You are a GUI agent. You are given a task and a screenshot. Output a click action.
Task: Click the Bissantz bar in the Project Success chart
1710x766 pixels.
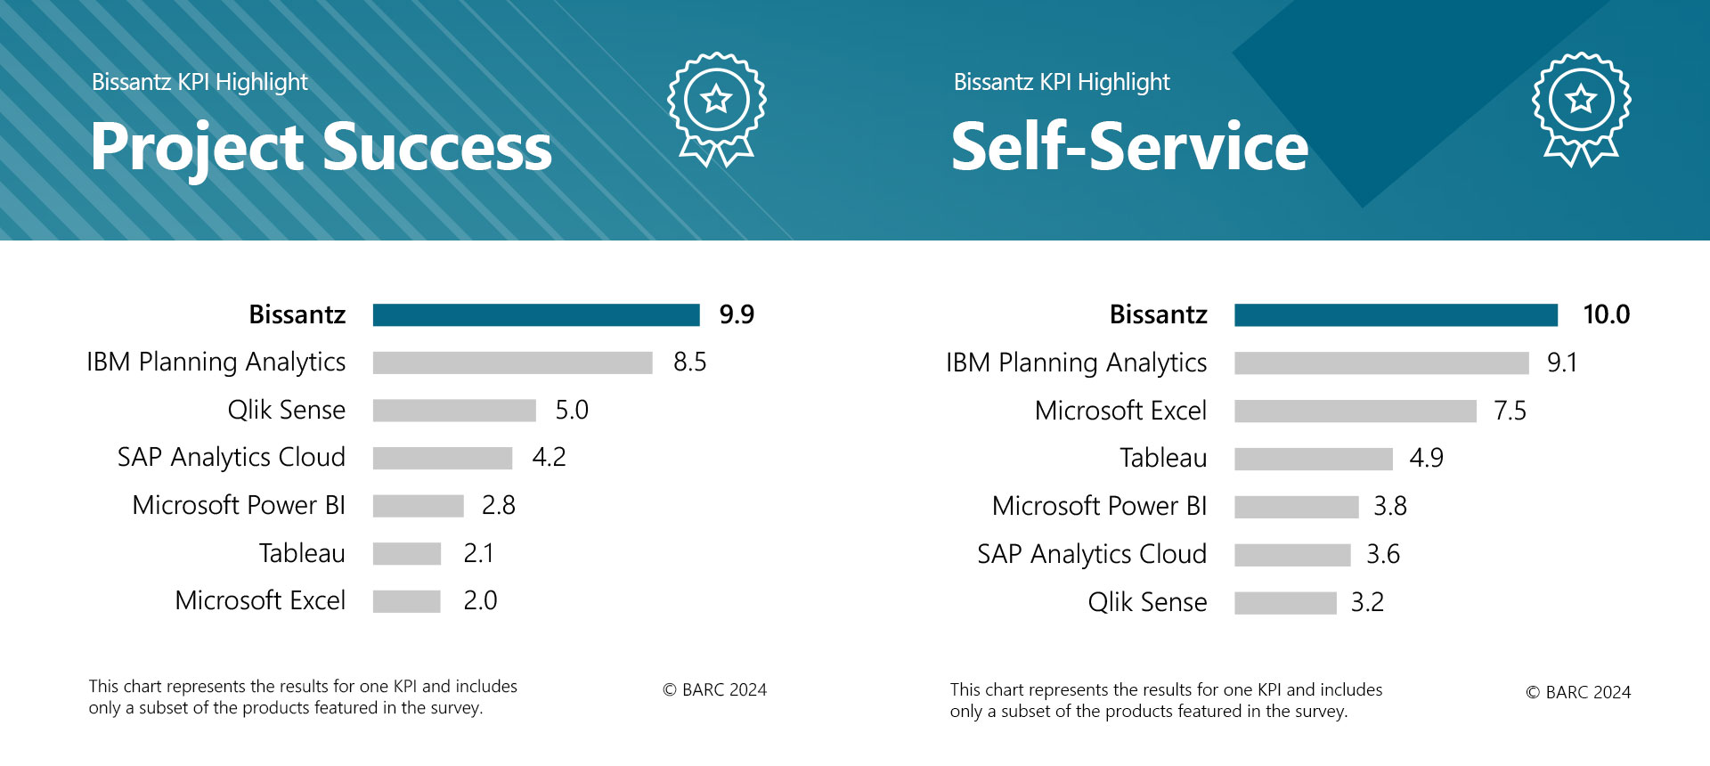point(536,315)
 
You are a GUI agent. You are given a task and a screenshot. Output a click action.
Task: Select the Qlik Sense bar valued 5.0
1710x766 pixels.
point(454,410)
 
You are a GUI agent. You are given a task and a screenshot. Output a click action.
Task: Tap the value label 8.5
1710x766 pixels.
point(689,362)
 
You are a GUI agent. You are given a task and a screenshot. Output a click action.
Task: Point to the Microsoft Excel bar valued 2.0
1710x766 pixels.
point(406,601)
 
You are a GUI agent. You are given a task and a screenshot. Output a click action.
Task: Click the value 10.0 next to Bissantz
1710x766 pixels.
point(1606,314)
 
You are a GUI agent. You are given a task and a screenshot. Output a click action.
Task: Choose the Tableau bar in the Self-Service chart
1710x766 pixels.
point(1313,459)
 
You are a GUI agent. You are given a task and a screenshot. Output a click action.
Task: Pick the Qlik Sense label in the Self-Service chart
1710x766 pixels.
point(1147,602)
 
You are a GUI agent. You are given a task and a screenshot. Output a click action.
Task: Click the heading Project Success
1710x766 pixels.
point(321,148)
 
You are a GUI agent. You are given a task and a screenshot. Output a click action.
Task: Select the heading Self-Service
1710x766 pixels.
point(1129,147)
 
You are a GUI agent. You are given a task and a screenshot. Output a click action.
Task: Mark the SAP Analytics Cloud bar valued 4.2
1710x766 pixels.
point(443,458)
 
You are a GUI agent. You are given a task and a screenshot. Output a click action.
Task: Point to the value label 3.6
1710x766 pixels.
point(1383,554)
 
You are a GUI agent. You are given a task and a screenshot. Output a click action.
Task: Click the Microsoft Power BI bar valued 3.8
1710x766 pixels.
point(1296,507)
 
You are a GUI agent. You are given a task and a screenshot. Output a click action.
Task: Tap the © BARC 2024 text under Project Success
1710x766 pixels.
point(714,689)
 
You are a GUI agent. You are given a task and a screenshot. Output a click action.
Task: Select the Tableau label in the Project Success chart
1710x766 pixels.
point(302,553)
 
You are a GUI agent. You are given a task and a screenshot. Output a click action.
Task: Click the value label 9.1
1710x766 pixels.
point(1561,363)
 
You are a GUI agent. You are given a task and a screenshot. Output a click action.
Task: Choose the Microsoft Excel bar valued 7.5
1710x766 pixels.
point(1355,411)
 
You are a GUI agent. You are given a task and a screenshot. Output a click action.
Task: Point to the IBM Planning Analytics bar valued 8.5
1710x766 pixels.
point(512,363)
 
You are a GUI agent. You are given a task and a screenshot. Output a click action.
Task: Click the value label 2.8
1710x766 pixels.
point(498,505)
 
